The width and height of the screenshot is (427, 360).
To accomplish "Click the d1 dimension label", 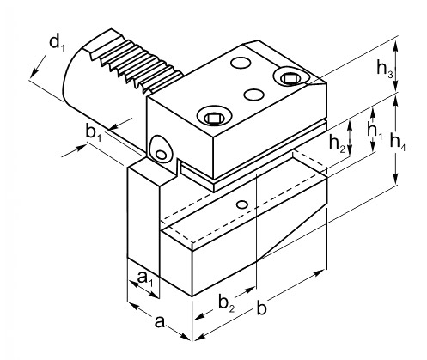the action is [x=58, y=43].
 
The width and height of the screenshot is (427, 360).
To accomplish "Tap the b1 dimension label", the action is [x=93, y=133].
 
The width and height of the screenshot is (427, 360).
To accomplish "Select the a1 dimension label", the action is [x=145, y=278].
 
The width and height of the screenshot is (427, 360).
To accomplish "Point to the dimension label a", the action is [x=160, y=322].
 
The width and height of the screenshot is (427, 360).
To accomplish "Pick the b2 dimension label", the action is [x=227, y=303].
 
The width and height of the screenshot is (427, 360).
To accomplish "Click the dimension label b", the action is [x=261, y=308].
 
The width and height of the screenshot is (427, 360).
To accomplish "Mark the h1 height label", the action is [x=375, y=131].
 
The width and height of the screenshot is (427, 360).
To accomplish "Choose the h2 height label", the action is [x=337, y=143].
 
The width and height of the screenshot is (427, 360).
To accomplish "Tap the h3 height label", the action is [x=385, y=69].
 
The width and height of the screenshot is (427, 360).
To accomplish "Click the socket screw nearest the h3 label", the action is [x=291, y=77].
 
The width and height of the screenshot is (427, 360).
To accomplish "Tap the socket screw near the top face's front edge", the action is [x=214, y=117].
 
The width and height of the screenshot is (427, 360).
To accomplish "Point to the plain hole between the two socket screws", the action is [x=254, y=95].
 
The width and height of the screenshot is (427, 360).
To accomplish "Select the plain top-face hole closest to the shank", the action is [x=241, y=63].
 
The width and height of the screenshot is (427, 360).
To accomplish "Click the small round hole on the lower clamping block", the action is [x=242, y=204].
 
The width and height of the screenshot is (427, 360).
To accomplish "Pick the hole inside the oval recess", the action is [x=162, y=155].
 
